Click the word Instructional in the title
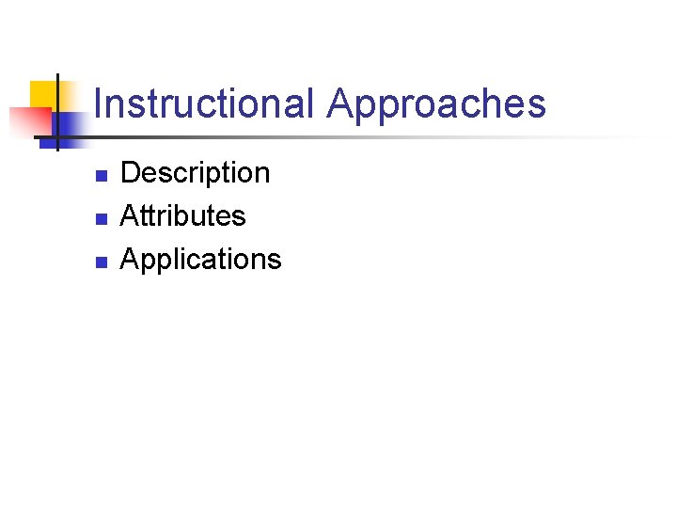(203, 103)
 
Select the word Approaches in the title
(436, 103)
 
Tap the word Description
(196, 173)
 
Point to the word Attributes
(183, 216)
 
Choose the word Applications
(201, 260)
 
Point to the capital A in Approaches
(339, 103)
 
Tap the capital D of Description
(131, 173)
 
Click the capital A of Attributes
(130, 216)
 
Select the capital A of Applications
(130, 260)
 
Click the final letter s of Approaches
(537, 105)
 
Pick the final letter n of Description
(262, 175)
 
